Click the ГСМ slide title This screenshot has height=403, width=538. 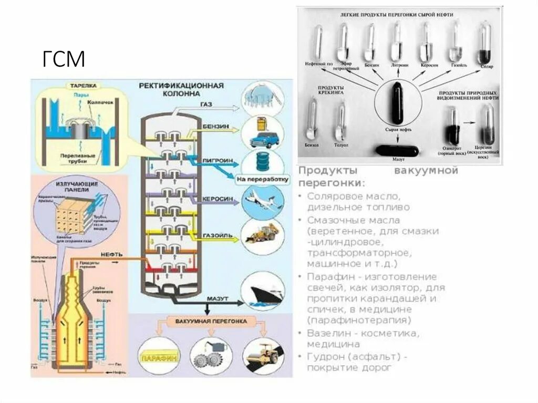[64, 59]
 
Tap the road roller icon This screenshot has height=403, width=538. [262, 355]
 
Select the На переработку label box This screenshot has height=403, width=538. [263, 179]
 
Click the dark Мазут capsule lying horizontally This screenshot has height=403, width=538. [397, 151]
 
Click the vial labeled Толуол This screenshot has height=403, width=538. [340, 120]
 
